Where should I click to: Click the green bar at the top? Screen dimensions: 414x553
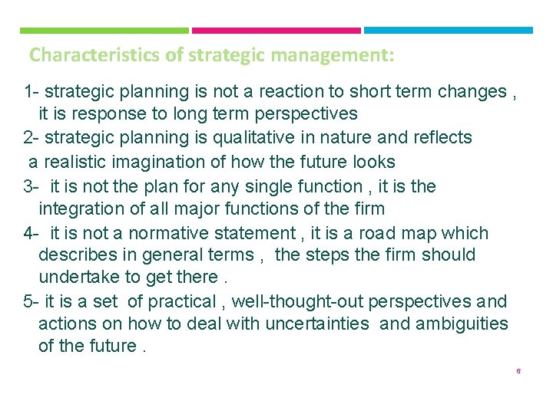[x=104, y=31]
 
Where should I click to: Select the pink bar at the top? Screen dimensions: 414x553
[x=276, y=31]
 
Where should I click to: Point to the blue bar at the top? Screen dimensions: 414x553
[x=448, y=31]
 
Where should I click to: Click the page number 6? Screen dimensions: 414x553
[x=518, y=371]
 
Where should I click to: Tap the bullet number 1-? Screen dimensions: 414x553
[x=31, y=92]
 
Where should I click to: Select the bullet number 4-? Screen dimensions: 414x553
[x=31, y=233]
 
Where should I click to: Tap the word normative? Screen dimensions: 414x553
[x=164, y=233]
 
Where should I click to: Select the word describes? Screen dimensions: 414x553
[x=77, y=255]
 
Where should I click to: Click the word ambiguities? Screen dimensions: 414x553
[x=462, y=324]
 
